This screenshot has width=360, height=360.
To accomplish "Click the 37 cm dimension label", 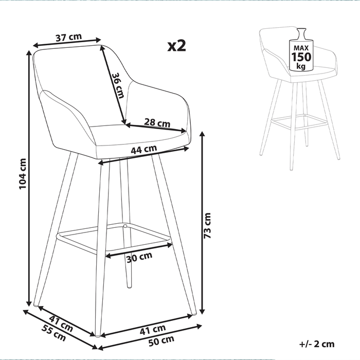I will [x=68, y=37].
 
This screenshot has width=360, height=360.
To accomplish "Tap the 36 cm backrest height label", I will [x=118, y=85].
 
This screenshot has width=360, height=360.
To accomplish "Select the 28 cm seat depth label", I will [x=157, y=123].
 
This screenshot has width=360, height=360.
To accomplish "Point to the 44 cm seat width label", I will [x=143, y=151].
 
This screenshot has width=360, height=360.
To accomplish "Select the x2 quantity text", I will [x=176, y=47].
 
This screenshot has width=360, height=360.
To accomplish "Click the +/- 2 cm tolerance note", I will [x=316, y=344].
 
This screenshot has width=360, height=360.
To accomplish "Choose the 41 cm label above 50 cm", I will [x=154, y=328].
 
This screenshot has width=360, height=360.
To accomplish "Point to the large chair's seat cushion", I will [x=139, y=135].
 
